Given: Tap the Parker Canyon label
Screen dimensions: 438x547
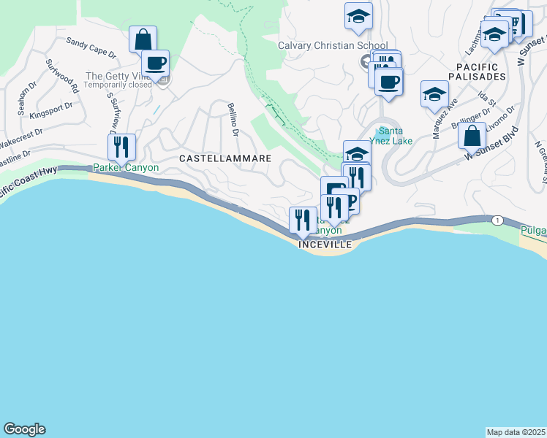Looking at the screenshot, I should point(125,168).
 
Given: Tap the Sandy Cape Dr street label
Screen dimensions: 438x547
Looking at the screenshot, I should point(91,48).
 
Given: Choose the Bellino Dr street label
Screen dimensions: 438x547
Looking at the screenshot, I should point(233,120).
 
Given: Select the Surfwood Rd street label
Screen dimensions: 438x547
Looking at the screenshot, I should point(62,75).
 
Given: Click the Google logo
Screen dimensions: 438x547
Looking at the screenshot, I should point(24,429).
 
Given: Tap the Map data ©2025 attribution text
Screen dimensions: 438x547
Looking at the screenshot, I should point(516,431).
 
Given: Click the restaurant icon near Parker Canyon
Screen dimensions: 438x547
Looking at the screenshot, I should point(121,147).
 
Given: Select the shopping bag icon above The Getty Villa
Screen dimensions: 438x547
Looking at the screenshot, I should point(143,39).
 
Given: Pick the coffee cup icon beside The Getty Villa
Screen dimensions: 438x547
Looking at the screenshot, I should point(155,62).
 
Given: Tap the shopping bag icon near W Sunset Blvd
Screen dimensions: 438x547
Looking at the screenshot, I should point(472,135).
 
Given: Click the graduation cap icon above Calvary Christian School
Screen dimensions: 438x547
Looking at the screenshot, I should point(358,15).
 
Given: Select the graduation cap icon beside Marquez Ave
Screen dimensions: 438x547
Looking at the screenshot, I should point(434,93).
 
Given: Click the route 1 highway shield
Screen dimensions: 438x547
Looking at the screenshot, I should point(497,220).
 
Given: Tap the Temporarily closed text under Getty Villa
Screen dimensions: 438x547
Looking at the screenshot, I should point(118,85).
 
